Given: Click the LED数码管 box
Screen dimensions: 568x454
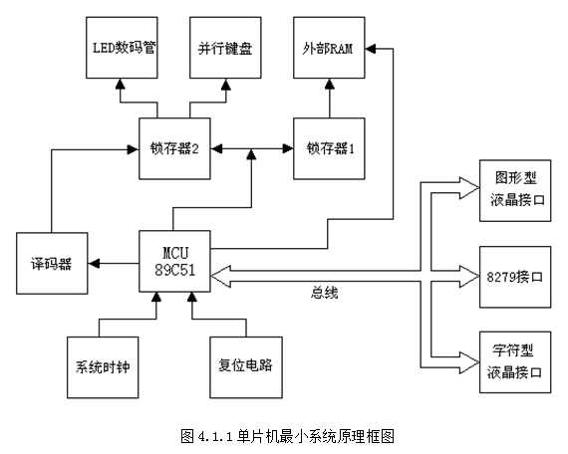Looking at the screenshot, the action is click(x=122, y=48).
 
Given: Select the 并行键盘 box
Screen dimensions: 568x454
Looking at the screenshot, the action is click(x=225, y=48).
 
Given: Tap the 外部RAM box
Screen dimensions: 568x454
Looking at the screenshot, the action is click(x=329, y=48).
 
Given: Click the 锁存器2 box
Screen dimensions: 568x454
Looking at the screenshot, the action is click(x=174, y=148).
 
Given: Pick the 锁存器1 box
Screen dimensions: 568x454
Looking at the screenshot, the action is click(x=329, y=148).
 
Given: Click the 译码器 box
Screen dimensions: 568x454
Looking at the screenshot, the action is click(x=52, y=263).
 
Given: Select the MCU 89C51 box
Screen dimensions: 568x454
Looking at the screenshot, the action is click(x=174, y=261).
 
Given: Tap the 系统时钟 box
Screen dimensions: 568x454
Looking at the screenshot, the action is click(x=103, y=367).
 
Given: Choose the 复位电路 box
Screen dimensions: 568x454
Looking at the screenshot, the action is click(x=246, y=367).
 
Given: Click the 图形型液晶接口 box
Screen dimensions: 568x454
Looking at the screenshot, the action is click(x=515, y=190).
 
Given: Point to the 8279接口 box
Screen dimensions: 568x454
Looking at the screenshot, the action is click(x=515, y=277).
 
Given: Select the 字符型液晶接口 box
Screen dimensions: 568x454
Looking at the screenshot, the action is click(x=515, y=362).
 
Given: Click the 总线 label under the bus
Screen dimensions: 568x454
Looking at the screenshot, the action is click(x=324, y=293).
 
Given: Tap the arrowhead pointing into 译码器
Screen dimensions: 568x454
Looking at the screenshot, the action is click(x=94, y=263).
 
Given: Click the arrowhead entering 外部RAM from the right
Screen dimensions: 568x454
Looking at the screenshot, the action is click(x=371, y=49).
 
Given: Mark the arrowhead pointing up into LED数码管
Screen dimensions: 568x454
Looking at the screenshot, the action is click(x=121, y=84).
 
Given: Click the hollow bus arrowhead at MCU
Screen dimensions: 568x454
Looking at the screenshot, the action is click(x=220, y=276).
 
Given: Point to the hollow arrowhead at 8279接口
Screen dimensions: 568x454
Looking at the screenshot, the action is click(x=469, y=276).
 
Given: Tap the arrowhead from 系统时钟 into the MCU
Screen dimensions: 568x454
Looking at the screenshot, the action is click(x=156, y=298).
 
